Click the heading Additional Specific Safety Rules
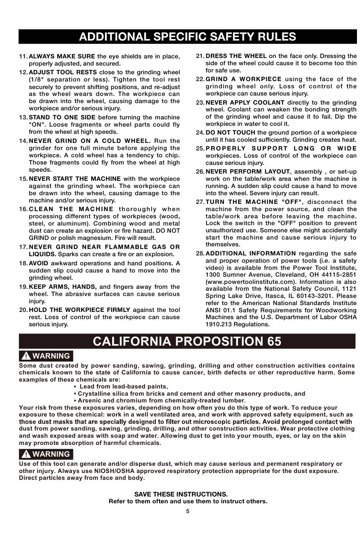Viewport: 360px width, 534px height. [187, 36]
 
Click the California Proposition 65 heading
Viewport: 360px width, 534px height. [187, 341]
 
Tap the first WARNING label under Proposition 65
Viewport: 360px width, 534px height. [46, 356]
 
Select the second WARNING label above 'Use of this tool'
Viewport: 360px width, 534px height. [46, 454]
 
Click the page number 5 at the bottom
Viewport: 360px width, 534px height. [188, 511]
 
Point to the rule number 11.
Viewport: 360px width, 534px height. [23, 56]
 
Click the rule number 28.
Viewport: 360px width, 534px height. [200, 253]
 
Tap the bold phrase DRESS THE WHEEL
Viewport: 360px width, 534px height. [236, 56]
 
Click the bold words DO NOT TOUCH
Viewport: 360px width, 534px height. [230, 133]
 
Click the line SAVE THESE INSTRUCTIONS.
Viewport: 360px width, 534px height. [181, 494]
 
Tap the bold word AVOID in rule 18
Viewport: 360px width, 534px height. [38, 263]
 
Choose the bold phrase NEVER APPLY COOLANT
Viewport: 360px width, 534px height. [245, 102]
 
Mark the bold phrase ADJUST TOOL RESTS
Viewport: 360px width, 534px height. [63, 72]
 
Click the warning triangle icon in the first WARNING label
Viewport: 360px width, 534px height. [26, 356]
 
